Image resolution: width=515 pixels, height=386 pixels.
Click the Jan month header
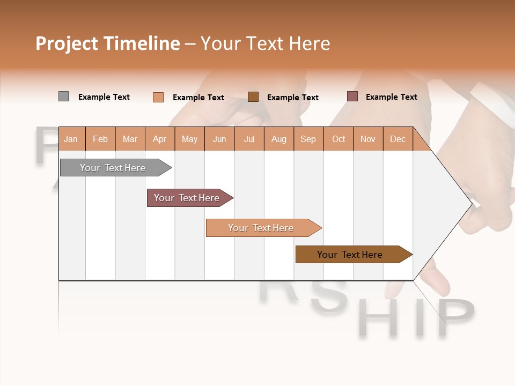point(71,139)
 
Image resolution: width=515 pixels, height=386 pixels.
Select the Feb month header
point(100,139)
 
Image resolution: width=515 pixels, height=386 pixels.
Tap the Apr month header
point(160,139)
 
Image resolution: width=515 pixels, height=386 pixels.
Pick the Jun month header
point(219,139)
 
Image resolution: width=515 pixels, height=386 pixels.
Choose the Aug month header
point(279,139)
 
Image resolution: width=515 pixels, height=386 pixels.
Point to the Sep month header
point(308,139)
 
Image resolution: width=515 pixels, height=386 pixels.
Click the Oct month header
point(339,139)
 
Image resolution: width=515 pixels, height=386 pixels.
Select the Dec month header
point(398,139)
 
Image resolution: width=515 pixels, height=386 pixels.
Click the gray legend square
point(63,96)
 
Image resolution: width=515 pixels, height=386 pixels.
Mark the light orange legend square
point(158,97)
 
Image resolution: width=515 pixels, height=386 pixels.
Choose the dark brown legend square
point(253,96)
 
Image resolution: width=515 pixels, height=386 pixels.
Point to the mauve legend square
point(352,96)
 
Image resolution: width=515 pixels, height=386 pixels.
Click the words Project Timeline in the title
point(108,43)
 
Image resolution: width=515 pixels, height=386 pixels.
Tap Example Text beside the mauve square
point(391,97)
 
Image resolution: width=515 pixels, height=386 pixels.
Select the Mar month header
point(130,139)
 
